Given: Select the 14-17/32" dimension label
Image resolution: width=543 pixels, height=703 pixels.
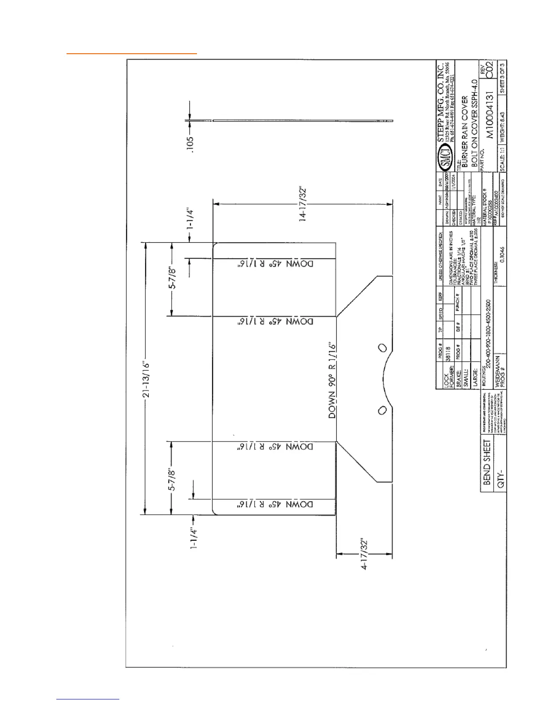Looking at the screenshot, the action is pos(303,204).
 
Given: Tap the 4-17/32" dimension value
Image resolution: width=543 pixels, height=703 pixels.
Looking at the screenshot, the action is pos(364,554).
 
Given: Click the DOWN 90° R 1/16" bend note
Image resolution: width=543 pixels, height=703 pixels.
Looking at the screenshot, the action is pos(332,380).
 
